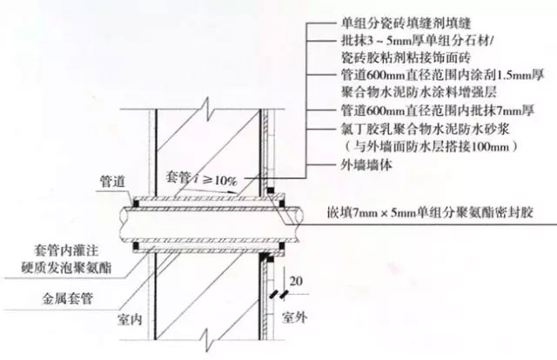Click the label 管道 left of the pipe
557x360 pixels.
(112, 182)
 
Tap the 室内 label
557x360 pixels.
(130, 319)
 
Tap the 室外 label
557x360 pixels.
(294, 317)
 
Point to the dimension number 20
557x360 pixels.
(296, 281)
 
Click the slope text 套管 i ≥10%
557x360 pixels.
(201, 178)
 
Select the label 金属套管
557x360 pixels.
(68, 298)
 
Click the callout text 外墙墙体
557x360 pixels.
(366, 164)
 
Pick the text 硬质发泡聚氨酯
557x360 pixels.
(66, 267)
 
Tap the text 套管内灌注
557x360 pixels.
(66, 250)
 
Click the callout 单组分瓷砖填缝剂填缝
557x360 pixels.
(406, 23)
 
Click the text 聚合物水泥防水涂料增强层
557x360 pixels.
(419, 92)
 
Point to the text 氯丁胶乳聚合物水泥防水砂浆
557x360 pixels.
(426, 129)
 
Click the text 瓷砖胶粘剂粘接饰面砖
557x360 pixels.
(406, 57)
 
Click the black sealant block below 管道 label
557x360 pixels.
(136, 203)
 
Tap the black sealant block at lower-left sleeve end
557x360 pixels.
(136, 245)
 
